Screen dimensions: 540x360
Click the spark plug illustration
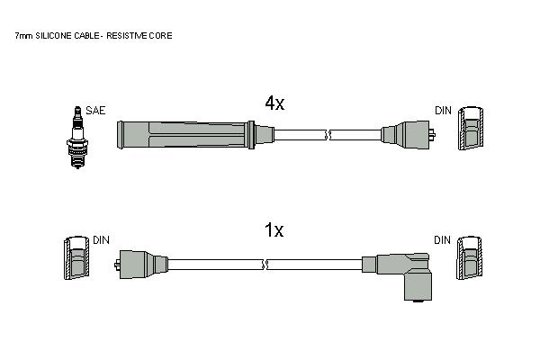[x=77, y=137]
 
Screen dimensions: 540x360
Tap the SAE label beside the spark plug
[x=95, y=111]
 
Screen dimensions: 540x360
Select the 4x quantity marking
[x=274, y=103]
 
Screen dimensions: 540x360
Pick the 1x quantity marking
[x=274, y=230]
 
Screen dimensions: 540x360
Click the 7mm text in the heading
[x=23, y=36]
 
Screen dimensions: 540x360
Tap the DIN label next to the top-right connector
[x=443, y=111]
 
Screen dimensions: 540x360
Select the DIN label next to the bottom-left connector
[x=101, y=240]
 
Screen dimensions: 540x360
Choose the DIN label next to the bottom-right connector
[x=442, y=240]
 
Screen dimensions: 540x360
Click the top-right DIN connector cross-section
[x=471, y=128]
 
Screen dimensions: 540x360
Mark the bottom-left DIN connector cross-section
[x=76, y=257]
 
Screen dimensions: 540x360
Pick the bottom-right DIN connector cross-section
[x=470, y=257]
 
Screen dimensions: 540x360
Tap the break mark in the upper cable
[x=328, y=135]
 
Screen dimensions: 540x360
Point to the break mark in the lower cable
[x=265, y=265]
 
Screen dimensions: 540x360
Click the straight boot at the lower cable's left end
[x=141, y=265]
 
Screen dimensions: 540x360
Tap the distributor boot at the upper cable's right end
[x=408, y=135]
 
